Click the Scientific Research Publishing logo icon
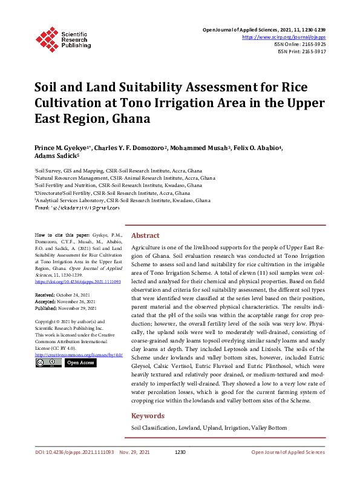46,38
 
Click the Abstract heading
145,235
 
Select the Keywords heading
148,416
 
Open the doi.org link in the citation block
77,281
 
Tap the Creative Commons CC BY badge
48,363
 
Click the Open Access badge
80,363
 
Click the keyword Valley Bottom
269,428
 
